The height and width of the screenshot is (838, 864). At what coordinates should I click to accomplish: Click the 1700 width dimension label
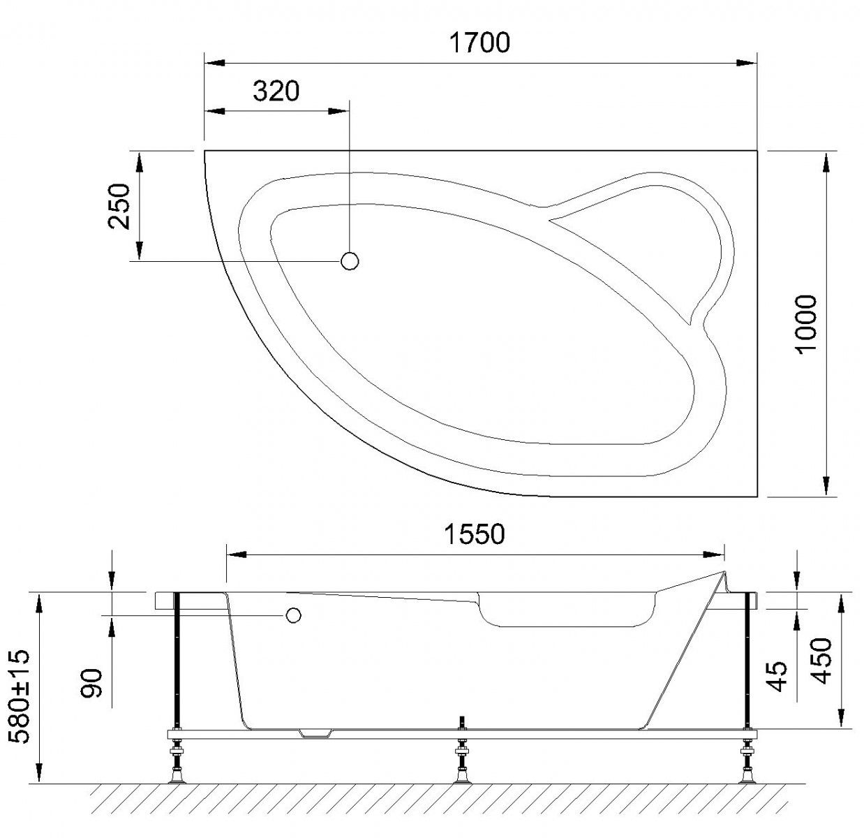pos(479,43)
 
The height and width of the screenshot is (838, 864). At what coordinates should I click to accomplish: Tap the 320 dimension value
pos(276,91)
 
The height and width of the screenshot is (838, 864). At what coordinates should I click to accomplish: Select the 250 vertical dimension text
pos(119,206)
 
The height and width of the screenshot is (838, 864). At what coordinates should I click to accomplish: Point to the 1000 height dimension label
pos(806,324)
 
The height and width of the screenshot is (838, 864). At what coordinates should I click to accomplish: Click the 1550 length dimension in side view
pos(474,534)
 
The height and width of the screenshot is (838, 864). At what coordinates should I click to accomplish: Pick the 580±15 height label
pos(20,696)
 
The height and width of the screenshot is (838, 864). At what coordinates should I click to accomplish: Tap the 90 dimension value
pos(92,682)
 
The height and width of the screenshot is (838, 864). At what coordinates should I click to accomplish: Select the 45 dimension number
pos(777,677)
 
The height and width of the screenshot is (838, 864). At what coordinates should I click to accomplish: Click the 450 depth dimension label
pos(821,661)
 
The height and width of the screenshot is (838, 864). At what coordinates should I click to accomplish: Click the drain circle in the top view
pos(350,261)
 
